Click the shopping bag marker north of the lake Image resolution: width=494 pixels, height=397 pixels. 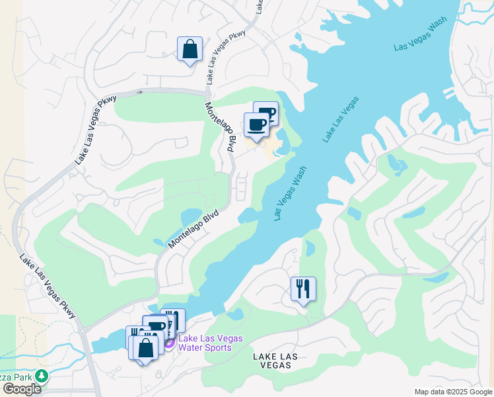[x=190, y=49]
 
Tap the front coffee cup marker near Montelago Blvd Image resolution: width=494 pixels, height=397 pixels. [x=256, y=124]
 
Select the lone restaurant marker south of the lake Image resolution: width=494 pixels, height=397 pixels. [x=303, y=289]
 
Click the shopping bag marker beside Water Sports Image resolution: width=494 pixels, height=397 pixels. [x=147, y=347]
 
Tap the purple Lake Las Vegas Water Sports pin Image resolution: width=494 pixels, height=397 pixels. [x=168, y=343]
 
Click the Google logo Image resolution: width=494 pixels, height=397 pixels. [x=22, y=389]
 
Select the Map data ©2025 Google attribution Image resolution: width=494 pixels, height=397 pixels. [x=453, y=392]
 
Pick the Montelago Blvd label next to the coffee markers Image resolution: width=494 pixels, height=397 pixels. [x=220, y=128]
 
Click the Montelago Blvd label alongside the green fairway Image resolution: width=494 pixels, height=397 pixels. [x=193, y=230]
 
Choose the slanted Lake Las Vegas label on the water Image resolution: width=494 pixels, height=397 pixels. [x=340, y=119]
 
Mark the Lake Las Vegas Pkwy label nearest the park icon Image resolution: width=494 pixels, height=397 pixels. [x=48, y=287]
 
